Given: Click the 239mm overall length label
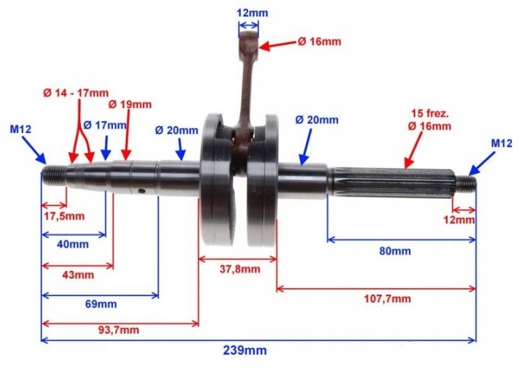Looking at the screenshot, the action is pos(244,350).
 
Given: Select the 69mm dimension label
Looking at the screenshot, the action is pos(101,304).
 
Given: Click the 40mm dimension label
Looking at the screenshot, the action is pos(74,245).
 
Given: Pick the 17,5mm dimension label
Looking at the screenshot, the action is pos(64,216).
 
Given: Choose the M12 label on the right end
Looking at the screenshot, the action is pos(502,144).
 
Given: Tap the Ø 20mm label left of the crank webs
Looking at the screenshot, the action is pos(177,130).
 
